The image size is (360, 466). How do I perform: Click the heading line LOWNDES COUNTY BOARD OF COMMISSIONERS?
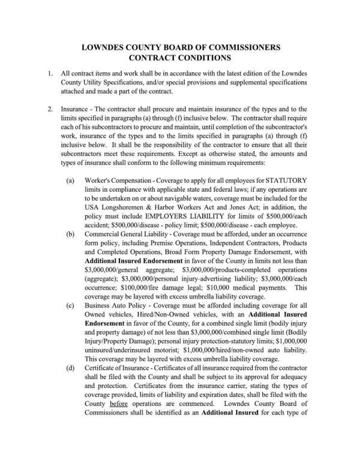point(180,47)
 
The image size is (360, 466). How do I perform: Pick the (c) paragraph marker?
point(71,305)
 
